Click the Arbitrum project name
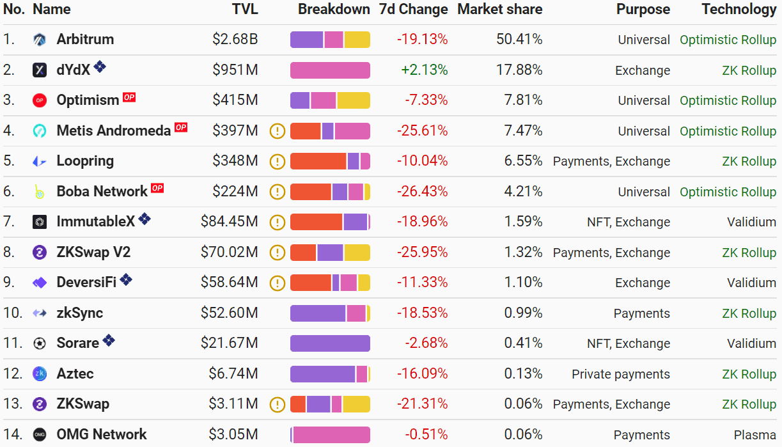coord(85,39)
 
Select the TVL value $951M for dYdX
coord(235,70)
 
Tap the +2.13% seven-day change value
coord(425,70)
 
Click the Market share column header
coord(499,9)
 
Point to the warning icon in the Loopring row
coord(277,161)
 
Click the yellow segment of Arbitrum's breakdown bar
coord(357,40)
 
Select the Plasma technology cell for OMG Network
coord(755,435)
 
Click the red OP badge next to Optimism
coord(129,98)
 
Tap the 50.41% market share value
coord(519,40)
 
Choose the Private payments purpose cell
coord(620,374)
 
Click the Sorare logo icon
coord(40,343)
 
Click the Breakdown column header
coord(334,9)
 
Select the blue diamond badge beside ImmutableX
coord(145,219)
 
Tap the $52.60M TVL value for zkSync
coord(229,313)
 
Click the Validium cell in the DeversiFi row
coord(751,283)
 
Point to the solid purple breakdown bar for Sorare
coord(330,343)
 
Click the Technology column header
coord(739,9)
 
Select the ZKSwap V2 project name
coord(93,252)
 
